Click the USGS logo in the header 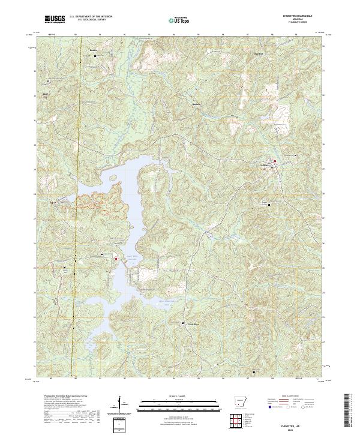click(x=55, y=20)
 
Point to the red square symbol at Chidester click(x=275, y=161)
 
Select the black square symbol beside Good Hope click(x=182, y=324)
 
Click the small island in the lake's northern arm click(x=113, y=178)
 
